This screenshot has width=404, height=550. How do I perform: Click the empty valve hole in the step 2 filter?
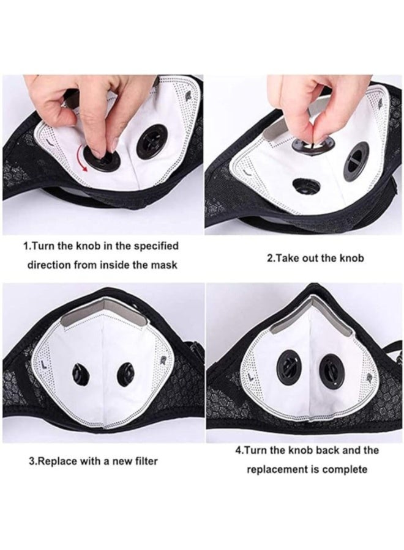point(305,184)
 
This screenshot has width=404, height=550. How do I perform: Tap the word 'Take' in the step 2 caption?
point(286,258)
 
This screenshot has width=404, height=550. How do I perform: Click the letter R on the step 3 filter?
point(163,359)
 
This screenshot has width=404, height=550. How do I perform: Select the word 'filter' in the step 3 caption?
point(146,461)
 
